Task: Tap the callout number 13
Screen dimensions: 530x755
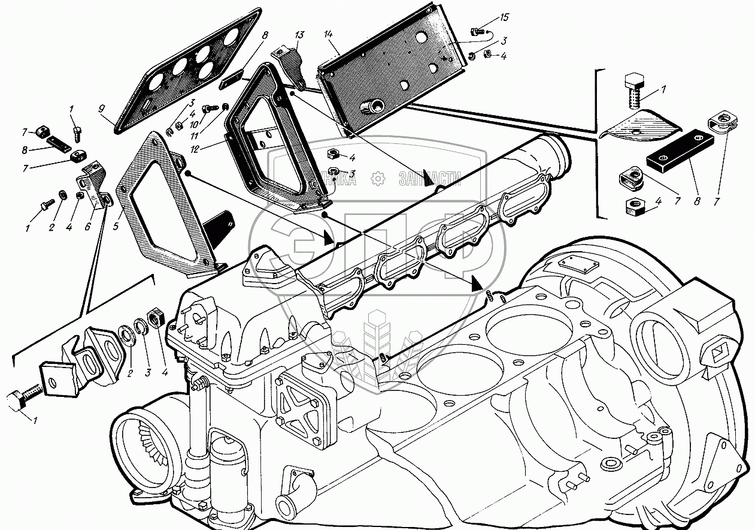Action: coord(299,35)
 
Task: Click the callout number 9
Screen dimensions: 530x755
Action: coord(102,109)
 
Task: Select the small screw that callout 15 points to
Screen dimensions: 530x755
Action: coord(477,31)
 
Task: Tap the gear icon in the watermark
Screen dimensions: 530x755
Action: coord(377,178)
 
